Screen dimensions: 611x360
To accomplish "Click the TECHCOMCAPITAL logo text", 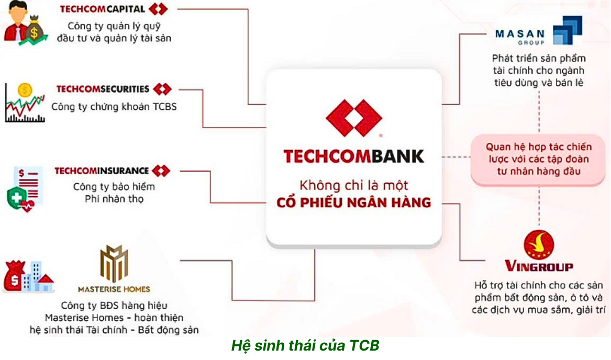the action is pyautogui.click(x=103, y=9).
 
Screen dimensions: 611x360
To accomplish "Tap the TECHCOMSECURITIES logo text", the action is pyautogui.click(x=103, y=89).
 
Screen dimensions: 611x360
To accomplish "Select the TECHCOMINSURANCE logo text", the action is pyautogui.click(x=102, y=171).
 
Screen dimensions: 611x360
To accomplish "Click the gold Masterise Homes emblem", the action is pyautogui.click(x=114, y=263).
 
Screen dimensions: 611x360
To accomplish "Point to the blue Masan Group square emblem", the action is pyautogui.click(x=568, y=30).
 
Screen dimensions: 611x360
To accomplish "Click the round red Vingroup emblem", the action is pyautogui.click(x=539, y=245).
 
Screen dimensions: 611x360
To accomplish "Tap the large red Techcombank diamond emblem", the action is pyautogui.click(x=353, y=118).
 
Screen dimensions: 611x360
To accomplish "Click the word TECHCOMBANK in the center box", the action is pyautogui.click(x=353, y=156).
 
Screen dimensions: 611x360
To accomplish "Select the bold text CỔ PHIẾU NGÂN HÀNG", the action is pyautogui.click(x=354, y=203).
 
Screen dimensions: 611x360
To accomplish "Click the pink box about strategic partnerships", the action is pyautogui.click(x=538, y=160).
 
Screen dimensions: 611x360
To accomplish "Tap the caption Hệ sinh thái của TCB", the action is pyautogui.click(x=305, y=345).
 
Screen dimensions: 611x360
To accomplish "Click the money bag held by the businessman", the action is pyautogui.click(x=34, y=29).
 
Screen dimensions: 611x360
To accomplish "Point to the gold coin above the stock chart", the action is pyautogui.click(x=25, y=91).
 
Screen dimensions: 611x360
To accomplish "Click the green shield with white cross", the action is pyautogui.click(x=17, y=198).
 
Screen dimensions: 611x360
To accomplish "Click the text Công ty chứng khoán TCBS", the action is pyautogui.click(x=114, y=107).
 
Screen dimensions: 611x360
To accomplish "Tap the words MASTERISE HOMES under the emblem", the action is pyautogui.click(x=114, y=289).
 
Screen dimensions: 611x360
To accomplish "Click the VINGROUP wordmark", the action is pyautogui.click(x=539, y=266).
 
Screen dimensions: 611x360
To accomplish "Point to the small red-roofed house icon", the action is pyautogui.click(x=45, y=283).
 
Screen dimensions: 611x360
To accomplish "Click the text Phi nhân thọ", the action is pyautogui.click(x=114, y=199).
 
